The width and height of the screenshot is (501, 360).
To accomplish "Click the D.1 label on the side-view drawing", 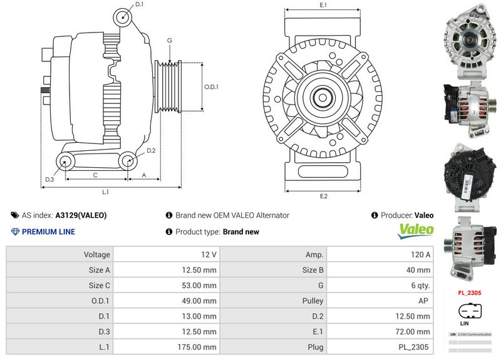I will point(139,5).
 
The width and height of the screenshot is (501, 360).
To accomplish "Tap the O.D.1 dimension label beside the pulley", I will point(212,87).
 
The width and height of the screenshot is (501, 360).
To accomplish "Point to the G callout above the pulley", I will point(169,41).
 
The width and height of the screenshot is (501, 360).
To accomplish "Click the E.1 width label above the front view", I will point(323,6).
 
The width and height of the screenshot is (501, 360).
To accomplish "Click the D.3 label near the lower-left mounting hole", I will point(49,180).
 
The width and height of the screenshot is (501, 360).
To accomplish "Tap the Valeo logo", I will point(416,230).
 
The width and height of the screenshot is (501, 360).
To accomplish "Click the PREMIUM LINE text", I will point(48,232).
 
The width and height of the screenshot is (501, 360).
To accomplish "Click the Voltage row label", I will point(96,255).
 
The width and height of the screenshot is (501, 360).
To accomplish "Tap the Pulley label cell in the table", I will point(312,301).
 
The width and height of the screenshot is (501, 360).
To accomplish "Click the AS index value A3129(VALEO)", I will point(81,215).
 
